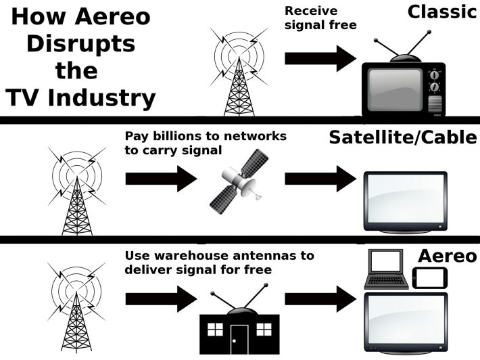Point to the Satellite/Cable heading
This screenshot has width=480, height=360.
[403, 137]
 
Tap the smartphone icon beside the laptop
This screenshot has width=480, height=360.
[428, 278]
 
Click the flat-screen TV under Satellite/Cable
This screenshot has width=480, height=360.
[406, 201]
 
